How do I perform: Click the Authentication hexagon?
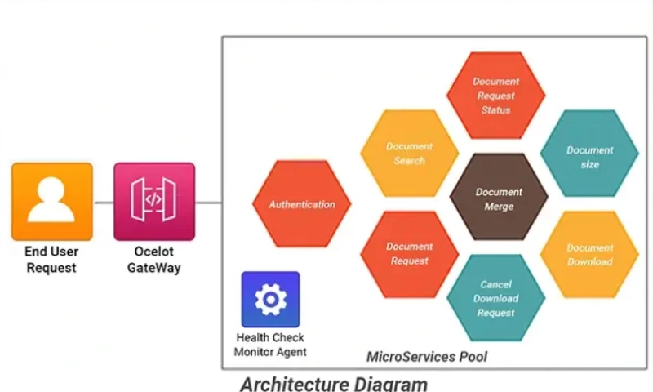point(302,204)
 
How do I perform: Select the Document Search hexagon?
point(409,154)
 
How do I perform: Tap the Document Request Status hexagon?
point(495,96)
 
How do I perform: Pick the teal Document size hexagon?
point(589,157)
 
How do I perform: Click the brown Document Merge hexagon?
point(499,199)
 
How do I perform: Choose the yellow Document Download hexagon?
point(589,255)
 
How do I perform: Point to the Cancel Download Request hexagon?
point(495,298)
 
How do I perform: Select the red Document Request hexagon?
point(409,253)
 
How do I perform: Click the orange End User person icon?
point(51,201)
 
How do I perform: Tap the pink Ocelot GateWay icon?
point(154,201)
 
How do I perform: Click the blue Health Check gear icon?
point(270,299)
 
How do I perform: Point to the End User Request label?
point(51,260)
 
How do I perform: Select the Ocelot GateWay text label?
point(154,260)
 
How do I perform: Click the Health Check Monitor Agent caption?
point(270,345)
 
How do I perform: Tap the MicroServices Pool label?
point(427,356)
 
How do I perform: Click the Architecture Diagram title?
point(333,383)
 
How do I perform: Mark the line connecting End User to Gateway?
point(103,202)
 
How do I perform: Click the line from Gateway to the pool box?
point(208,202)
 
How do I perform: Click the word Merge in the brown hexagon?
point(499,207)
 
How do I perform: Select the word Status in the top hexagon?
point(495,109)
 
